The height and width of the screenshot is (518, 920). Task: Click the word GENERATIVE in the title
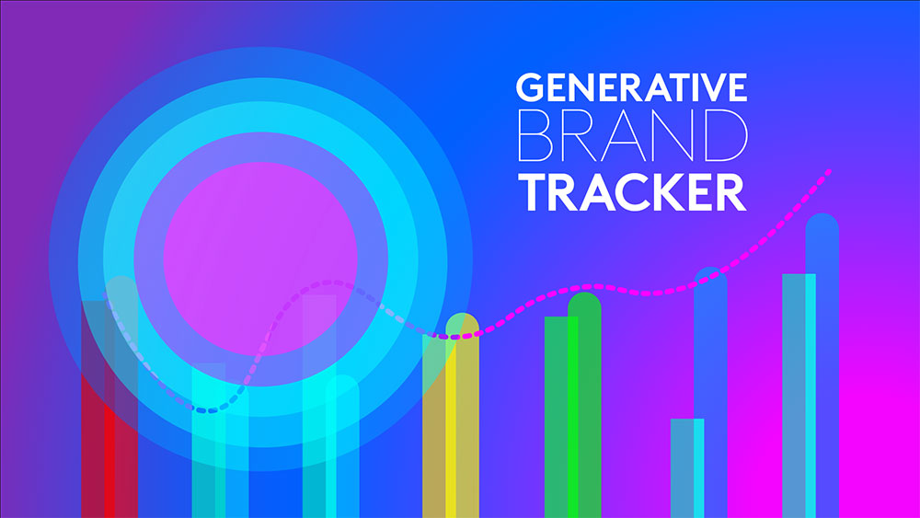pyautogui.click(x=631, y=87)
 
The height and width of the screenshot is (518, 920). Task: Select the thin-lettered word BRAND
pyautogui.click(x=631, y=138)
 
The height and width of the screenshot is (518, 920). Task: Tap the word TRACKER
pyautogui.click(x=631, y=193)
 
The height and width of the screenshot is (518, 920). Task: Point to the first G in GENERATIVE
pyautogui.click(x=530, y=87)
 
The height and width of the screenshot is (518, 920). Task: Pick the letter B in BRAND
pyautogui.click(x=536, y=138)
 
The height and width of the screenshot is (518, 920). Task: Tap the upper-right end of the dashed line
pyautogui.click(x=832, y=170)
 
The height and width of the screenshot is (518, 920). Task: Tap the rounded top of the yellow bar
pyautogui.click(x=462, y=325)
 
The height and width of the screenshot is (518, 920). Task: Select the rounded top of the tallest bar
pyautogui.click(x=822, y=226)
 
